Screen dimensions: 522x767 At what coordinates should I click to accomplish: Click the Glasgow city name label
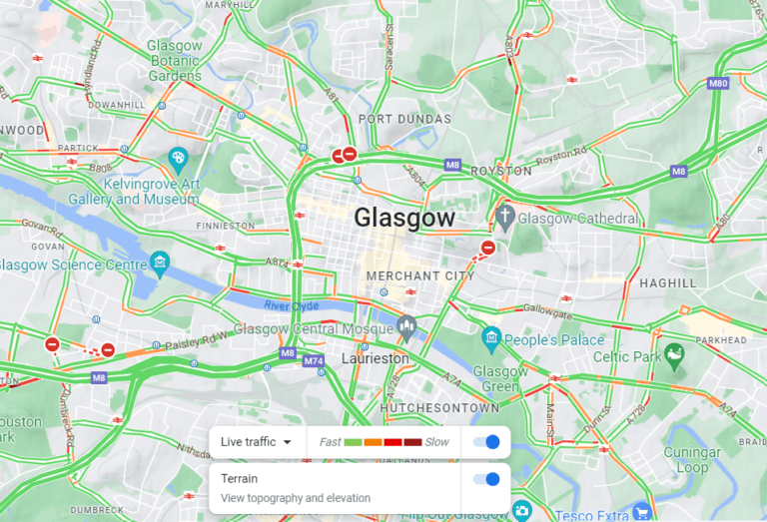tap(403, 218)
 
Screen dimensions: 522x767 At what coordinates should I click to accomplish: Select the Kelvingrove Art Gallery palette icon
tap(178, 158)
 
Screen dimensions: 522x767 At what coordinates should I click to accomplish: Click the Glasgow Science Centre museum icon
tap(159, 263)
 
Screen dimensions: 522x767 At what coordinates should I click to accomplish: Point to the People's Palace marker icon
tap(490, 339)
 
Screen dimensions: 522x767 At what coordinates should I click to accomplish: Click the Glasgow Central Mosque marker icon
tap(406, 325)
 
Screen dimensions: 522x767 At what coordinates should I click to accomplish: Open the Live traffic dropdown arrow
tap(288, 442)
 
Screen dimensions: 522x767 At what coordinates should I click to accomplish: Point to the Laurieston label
tap(376, 357)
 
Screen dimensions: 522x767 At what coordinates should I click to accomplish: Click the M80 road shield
tap(717, 84)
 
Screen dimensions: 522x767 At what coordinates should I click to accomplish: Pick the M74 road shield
tap(314, 360)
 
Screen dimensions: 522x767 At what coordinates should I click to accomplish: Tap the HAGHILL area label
tap(668, 282)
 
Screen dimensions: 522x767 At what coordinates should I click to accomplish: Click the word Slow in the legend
tap(436, 442)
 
